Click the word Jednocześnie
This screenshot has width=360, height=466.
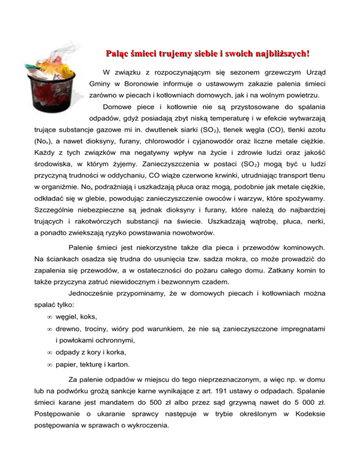click(92, 295)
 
